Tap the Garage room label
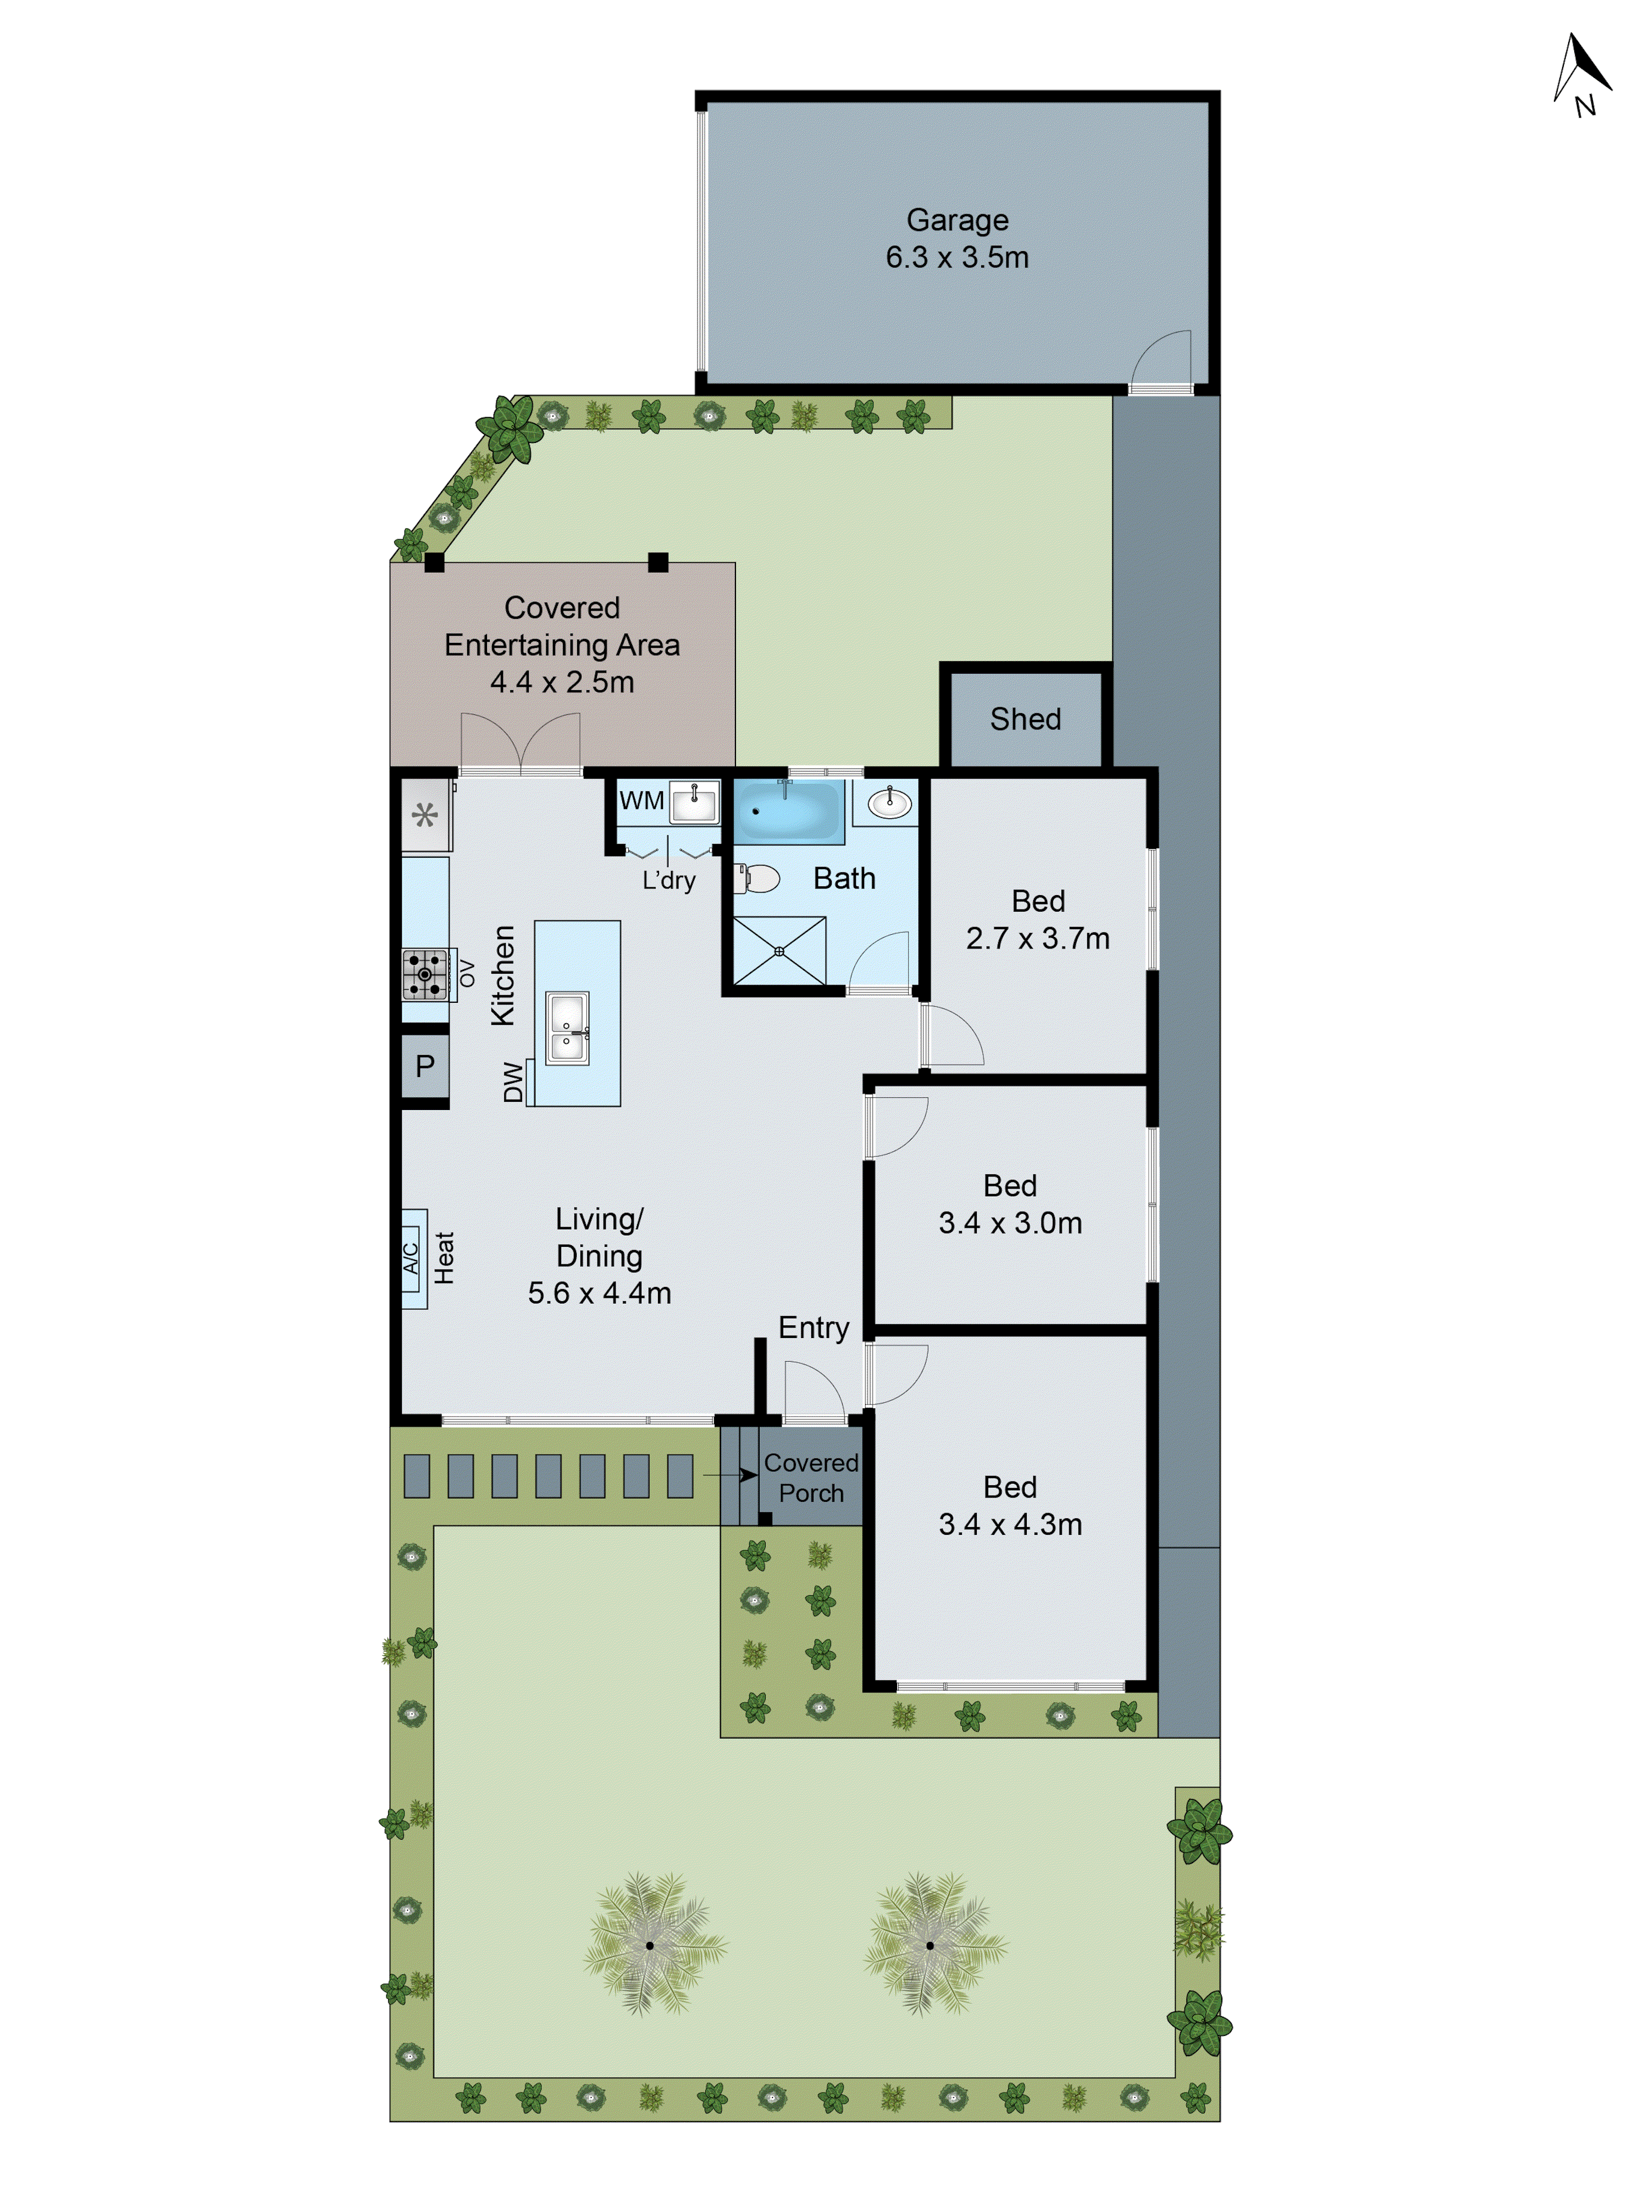tap(956, 220)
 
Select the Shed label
tap(1025, 718)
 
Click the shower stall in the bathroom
tap(779, 951)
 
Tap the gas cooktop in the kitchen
tap(424, 974)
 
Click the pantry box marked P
tap(424, 1066)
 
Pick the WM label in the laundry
tap(641, 800)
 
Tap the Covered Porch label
tap(811, 1478)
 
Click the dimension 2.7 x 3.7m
tap(1038, 938)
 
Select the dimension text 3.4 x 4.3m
tap(1010, 1524)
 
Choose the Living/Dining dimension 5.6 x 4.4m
tap(599, 1293)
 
